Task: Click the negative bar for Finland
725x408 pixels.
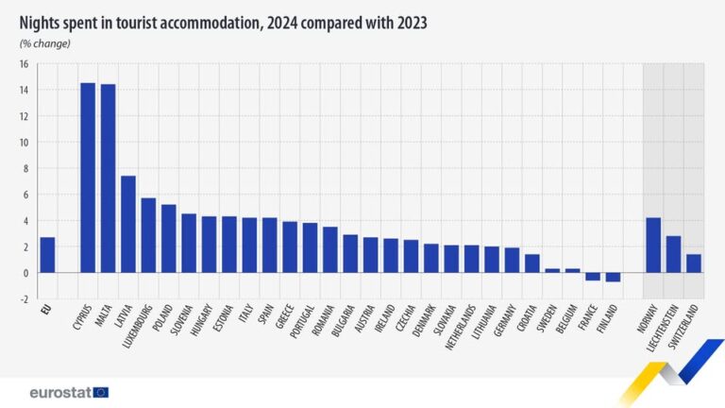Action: coord(613,277)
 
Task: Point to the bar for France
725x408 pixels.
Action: coord(593,277)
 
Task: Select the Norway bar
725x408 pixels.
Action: coord(653,246)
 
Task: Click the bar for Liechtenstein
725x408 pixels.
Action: coord(673,254)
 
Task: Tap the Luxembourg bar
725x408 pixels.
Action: coord(148,235)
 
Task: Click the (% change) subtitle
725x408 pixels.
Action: coord(44,43)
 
